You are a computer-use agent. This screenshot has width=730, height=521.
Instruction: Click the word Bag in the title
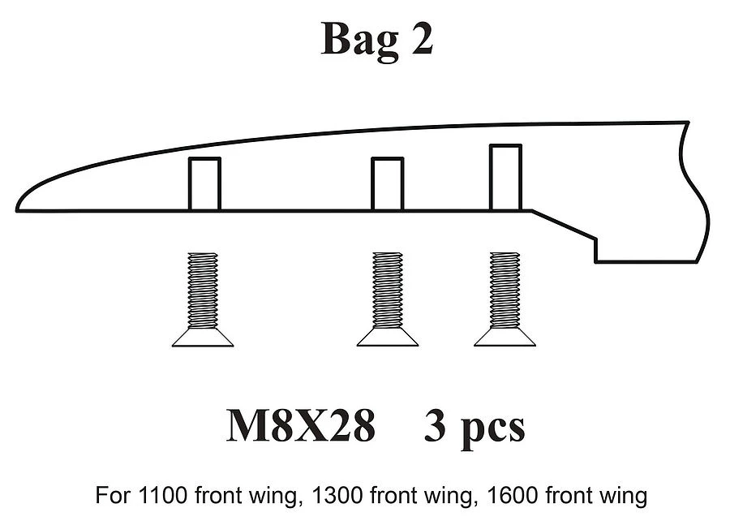click(x=359, y=41)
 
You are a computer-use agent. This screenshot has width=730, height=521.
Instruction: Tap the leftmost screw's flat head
click(x=203, y=338)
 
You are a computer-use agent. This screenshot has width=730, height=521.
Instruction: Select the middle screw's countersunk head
click(x=388, y=338)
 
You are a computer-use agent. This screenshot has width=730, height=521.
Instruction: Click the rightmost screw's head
click(x=505, y=338)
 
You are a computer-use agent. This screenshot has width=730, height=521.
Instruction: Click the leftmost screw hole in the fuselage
click(x=204, y=184)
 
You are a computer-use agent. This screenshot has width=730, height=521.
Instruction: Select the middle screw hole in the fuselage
click(x=387, y=184)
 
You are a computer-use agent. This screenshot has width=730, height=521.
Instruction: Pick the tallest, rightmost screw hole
click(x=505, y=178)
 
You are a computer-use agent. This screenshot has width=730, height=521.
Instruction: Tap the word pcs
click(x=490, y=428)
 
